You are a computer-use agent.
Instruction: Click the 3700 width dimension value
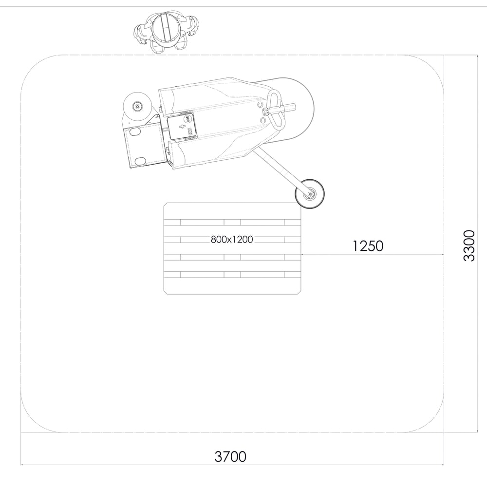pyautogui.click(x=230, y=457)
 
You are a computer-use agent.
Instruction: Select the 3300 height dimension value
pyautogui.click(x=468, y=245)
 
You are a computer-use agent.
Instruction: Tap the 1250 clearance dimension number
pyautogui.click(x=368, y=246)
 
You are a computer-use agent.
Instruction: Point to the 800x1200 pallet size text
pyautogui.click(x=232, y=240)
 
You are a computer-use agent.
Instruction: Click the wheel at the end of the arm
pyautogui.click(x=309, y=194)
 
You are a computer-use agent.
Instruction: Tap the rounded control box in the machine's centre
pyautogui.click(x=182, y=126)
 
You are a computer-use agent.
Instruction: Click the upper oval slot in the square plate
pyautogui.click(x=134, y=131)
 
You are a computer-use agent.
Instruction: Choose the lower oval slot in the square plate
pyautogui.click(x=140, y=161)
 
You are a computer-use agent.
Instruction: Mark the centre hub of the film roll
pyautogui.click(x=137, y=106)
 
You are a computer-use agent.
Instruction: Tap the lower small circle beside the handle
pyautogui.click(x=263, y=120)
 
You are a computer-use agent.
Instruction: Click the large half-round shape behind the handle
pyautogui.click(x=297, y=110)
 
